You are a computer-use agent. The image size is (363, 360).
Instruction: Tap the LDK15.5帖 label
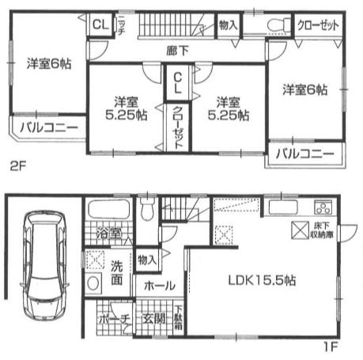coord(251,280)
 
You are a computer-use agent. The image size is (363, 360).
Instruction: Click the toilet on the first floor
coord(148,211)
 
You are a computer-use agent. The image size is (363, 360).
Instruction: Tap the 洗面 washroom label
coord(115,274)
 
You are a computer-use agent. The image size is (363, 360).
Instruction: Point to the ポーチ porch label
coord(114,320)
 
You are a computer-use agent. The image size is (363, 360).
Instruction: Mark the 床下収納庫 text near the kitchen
coord(322,230)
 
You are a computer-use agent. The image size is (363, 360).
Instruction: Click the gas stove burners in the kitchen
coord(323,209)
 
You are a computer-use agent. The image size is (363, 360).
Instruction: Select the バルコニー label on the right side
coord(304,153)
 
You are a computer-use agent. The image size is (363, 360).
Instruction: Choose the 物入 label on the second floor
coord(227,25)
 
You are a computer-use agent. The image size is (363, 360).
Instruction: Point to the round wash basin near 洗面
coord(94,283)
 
